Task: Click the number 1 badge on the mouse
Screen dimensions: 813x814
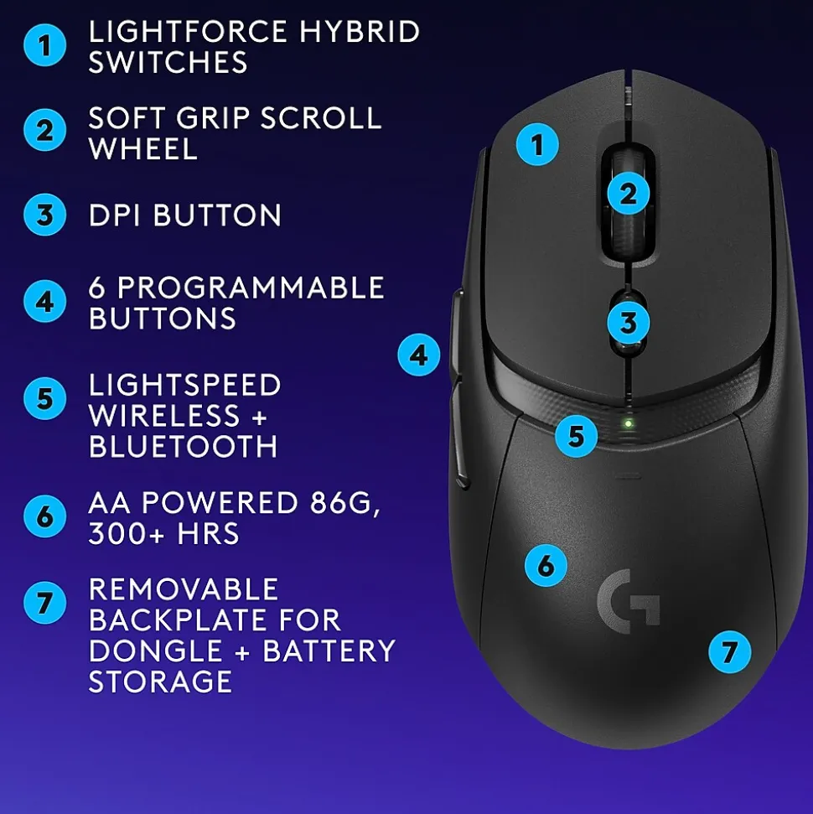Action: point(537,144)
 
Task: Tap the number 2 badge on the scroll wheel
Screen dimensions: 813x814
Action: point(628,194)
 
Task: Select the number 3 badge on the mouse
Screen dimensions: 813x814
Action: point(628,323)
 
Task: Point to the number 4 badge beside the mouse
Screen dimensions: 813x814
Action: point(418,355)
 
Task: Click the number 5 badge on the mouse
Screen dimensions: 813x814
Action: point(576,436)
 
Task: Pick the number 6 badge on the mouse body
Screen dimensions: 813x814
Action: point(546,565)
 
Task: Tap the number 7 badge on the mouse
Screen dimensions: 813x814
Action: point(729,652)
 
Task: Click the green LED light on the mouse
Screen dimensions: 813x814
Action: point(628,423)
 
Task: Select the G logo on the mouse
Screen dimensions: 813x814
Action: point(628,601)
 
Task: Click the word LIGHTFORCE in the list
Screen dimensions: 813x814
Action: point(188,31)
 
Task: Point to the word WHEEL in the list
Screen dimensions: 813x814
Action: point(142,149)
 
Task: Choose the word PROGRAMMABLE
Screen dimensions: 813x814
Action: point(251,288)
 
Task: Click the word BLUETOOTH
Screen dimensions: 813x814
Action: point(184,447)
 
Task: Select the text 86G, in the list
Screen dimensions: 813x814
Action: point(345,503)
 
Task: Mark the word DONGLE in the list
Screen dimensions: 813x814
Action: point(156,651)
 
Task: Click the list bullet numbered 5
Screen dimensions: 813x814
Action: point(44,399)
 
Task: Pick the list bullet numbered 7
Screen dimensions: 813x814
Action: point(44,603)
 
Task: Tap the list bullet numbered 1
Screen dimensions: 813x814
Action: point(44,45)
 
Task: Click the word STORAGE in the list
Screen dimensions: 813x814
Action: point(160,682)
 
